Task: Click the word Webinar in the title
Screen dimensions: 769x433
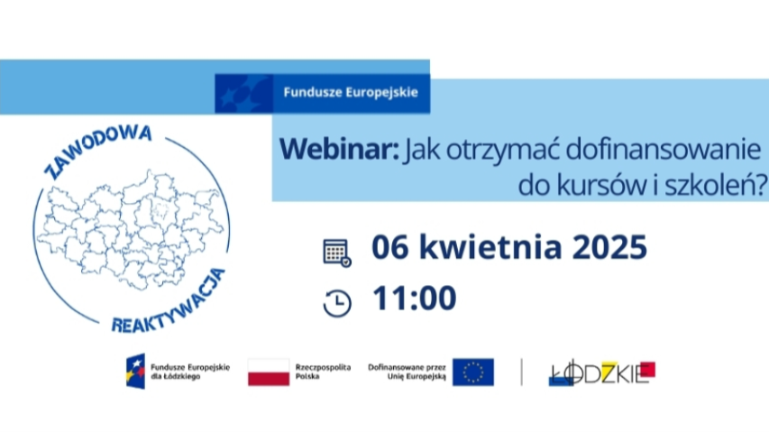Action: (339, 149)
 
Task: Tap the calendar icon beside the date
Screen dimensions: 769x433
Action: (337, 253)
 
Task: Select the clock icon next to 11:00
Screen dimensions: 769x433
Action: (337, 303)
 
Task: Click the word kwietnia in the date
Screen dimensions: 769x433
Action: (490, 246)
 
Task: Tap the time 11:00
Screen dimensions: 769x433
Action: (415, 298)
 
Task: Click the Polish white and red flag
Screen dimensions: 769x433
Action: (269, 373)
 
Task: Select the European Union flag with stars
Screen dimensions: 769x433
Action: (472, 373)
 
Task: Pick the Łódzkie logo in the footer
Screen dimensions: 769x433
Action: (601, 373)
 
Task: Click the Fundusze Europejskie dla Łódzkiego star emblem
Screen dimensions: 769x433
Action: (136, 372)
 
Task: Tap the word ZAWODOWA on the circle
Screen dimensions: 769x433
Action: (97, 151)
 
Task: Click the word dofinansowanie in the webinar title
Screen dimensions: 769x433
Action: (663, 149)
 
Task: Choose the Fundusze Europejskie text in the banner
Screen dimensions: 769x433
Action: (351, 92)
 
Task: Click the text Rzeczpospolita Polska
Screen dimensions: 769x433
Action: (323, 372)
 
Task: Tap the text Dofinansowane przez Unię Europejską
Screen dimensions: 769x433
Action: (407, 372)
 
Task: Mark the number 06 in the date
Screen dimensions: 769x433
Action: (389, 247)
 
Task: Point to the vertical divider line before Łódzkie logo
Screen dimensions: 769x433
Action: (521, 373)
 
